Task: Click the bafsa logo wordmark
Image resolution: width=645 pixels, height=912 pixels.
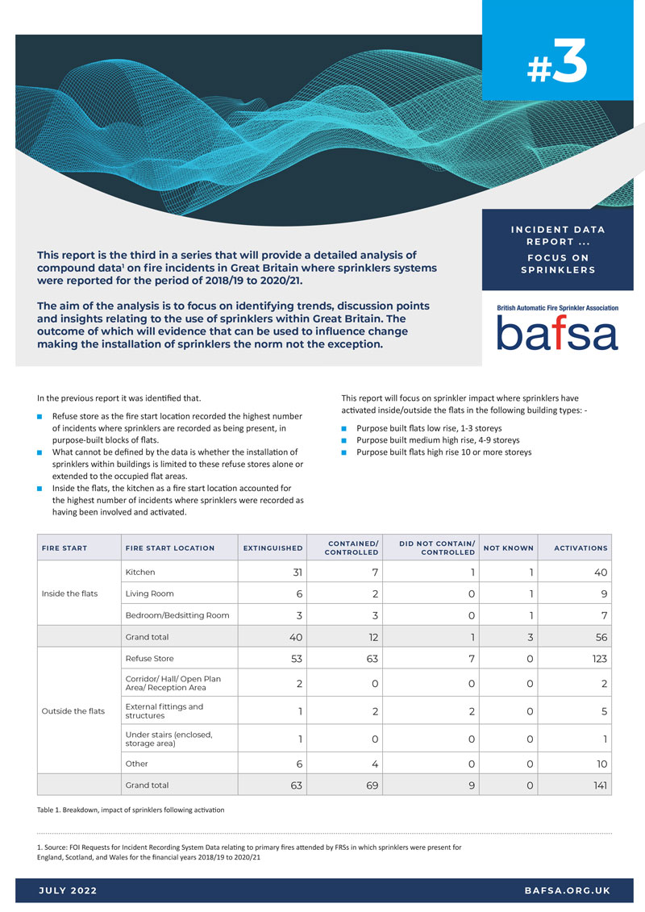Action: click(557, 332)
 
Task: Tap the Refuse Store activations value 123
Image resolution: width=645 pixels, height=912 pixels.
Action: click(595, 658)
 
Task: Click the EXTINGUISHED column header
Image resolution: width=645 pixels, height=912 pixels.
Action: click(273, 548)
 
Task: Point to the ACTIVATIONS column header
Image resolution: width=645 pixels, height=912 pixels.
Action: click(580, 548)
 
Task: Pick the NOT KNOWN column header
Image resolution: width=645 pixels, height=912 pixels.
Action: click(508, 548)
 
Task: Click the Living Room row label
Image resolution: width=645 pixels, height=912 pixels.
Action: click(150, 593)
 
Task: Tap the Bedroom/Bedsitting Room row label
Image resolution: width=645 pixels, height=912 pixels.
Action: click(177, 614)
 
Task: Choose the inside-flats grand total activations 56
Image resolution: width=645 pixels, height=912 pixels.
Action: click(597, 636)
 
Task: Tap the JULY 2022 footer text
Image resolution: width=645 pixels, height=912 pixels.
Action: click(68, 890)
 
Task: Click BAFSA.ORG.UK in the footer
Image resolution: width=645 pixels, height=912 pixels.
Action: click(567, 890)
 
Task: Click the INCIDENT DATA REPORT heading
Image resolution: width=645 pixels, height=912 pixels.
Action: click(558, 235)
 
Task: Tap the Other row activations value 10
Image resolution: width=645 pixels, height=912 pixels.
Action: click(599, 764)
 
